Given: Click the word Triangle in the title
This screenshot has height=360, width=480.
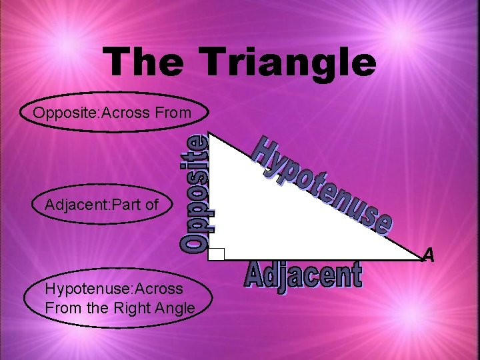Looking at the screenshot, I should (289, 62).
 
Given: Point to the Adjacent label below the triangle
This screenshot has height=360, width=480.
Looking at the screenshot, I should (303, 276).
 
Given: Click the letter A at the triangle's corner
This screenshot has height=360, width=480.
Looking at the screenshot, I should (428, 255).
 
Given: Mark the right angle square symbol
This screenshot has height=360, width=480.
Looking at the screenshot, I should (216, 253).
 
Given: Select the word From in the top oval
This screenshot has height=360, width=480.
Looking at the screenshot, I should (176, 113).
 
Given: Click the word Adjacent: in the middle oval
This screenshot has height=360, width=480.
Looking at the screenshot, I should (74, 205).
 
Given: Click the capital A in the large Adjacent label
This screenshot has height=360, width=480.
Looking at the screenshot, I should (257, 275).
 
